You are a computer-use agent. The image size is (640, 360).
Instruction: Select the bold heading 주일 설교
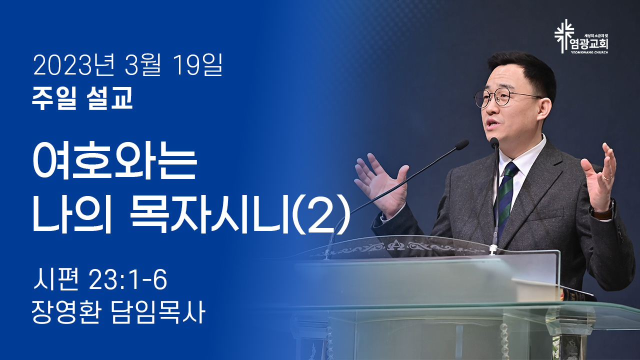point(82,98)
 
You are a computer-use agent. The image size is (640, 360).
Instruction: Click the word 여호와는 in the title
point(115,163)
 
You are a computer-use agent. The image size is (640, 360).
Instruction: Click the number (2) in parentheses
point(321,215)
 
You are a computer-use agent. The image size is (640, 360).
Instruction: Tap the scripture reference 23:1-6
point(127,280)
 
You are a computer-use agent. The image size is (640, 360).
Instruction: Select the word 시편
point(55,280)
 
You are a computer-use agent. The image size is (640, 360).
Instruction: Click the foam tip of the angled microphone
point(461,144)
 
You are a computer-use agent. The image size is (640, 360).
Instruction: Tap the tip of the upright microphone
point(494,142)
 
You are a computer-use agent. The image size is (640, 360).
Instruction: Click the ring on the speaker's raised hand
point(607,177)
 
